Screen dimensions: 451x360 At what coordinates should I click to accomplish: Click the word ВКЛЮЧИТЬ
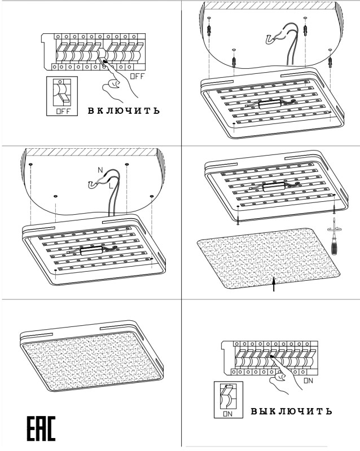click(124, 110)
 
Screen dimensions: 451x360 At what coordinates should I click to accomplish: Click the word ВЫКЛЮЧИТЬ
click(291, 410)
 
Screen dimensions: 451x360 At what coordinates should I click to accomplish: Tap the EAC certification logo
click(41, 430)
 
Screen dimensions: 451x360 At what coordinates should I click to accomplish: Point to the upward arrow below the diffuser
click(274, 285)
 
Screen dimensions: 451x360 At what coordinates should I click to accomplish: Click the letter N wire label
click(100, 170)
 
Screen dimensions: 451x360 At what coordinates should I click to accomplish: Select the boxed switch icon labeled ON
click(228, 399)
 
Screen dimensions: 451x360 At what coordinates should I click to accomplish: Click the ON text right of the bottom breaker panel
click(308, 381)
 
